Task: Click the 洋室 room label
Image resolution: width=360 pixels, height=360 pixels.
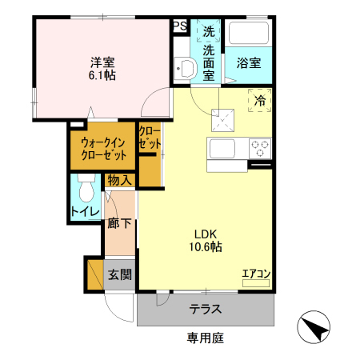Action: tap(102, 61)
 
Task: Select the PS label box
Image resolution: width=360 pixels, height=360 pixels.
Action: tap(180, 26)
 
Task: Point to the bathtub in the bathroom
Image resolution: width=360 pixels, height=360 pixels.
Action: tap(249, 34)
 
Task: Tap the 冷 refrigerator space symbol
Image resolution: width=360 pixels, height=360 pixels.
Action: tap(260, 101)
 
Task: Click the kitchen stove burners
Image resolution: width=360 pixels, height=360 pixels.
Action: tap(260, 148)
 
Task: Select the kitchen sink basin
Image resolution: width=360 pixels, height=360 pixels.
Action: tap(222, 149)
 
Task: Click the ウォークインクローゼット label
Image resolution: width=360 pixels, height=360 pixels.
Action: tap(102, 148)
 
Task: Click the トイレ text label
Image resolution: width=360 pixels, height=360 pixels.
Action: tap(85, 212)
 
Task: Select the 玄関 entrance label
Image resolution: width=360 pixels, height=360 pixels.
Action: tap(120, 275)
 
